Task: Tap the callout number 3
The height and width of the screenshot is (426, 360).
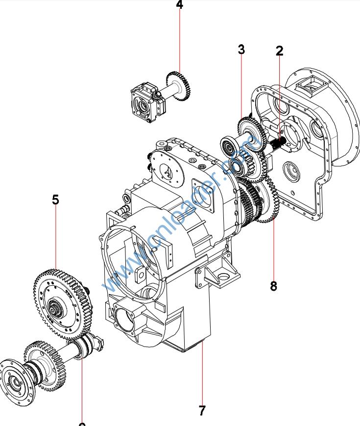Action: [241, 49]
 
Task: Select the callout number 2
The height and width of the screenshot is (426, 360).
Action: [279, 50]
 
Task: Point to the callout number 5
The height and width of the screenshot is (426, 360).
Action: [55, 200]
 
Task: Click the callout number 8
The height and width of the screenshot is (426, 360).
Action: [273, 286]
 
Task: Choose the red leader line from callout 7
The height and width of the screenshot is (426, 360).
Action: [202, 373]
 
